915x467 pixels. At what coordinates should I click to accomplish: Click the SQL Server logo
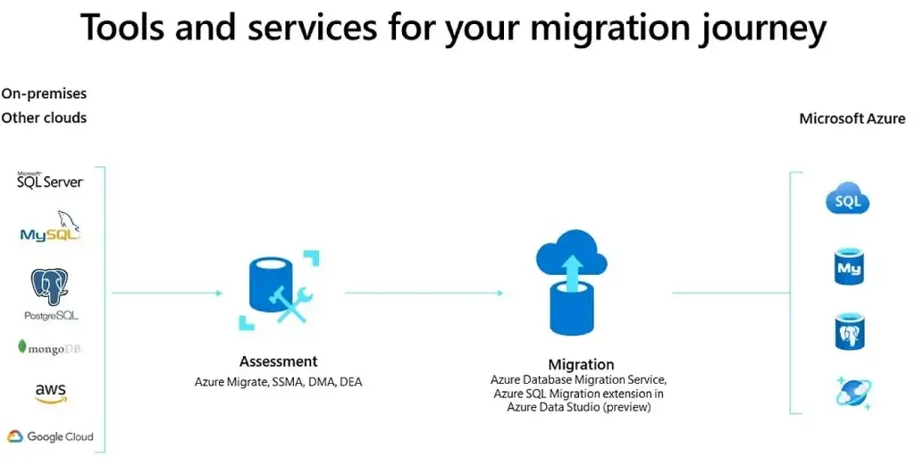coord(50,180)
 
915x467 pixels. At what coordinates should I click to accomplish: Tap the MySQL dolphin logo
coord(50,227)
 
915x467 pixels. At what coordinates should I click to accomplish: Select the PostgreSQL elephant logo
coord(51,294)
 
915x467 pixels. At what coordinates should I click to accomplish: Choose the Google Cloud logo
coord(50,437)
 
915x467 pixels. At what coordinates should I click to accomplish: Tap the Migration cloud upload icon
coord(571,283)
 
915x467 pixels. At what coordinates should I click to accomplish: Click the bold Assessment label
coord(279,361)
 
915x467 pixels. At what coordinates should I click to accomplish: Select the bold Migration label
coord(581,365)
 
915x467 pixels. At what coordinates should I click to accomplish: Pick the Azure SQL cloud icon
coord(847,199)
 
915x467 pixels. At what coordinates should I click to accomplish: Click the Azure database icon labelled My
coord(849,267)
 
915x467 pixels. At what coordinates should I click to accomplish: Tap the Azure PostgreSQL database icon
coord(849,331)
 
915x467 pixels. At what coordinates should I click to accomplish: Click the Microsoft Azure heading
coord(852,119)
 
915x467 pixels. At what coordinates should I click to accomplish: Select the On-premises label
coord(44,94)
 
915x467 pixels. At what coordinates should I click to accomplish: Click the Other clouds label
coord(44,117)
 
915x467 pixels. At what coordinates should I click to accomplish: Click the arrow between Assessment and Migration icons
coord(424,293)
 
